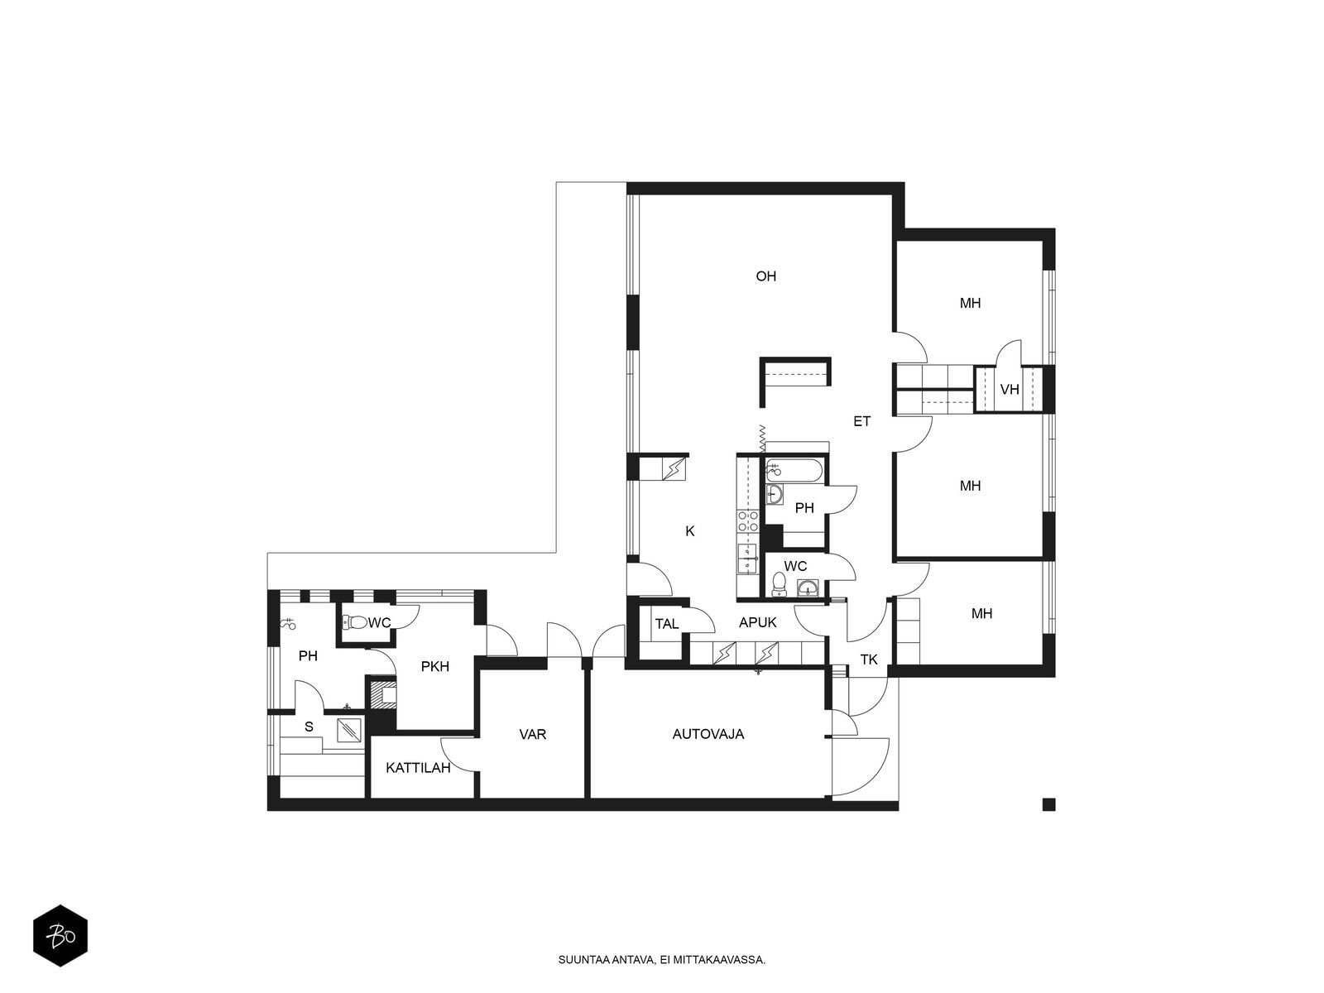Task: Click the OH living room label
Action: pyautogui.click(x=765, y=276)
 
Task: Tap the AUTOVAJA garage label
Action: pyautogui.click(x=708, y=734)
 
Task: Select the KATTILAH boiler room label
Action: pyautogui.click(x=418, y=768)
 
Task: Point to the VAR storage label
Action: pyautogui.click(x=532, y=734)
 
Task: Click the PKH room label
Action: pyautogui.click(x=434, y=666)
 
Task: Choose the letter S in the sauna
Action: pyautogui.click(x=309, y=727)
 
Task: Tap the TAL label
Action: pyautogui.click(x=666, y=624)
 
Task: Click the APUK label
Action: pyautogui.click(x=758, y=623)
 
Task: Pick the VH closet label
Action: pyautogui.click(x=1009, y=390)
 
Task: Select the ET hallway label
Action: pyautogui.click(x=861, y=421)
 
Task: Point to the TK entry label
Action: pyautogui.click(x=869, y=660)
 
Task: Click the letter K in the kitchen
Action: pyautogui.click(x=690, y=531)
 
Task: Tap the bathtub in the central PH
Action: pyautogui.click(x=794, y=471)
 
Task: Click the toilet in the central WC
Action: pyautogui.click(x=780, y=583)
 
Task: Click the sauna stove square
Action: pyautogui.click(x=350, y=730)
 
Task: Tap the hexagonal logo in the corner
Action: pyautogui.click(x=60, y=936)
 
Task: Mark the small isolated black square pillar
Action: pyautogui.click(x=1049, y=804)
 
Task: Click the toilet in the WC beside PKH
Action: pyautogui.click(x=354, y=621)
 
